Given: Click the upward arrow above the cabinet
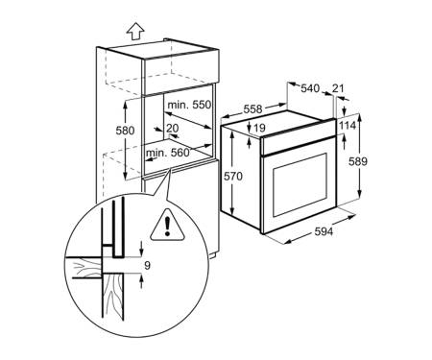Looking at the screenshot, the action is coord(135,32).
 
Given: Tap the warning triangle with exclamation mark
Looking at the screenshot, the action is coord(167,226).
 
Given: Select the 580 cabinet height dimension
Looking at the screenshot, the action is coord(125,131).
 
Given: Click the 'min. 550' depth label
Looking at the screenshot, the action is coord(189,105).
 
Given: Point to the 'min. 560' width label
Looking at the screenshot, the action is coord(168,153).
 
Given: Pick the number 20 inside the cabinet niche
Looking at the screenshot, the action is coord(173,129).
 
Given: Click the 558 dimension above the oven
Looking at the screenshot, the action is coord(252,109).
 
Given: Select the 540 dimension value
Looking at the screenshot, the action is coord(310,88).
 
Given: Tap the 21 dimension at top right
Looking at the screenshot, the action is coord(338,88).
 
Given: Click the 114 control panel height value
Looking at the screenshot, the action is coord(348,126).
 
